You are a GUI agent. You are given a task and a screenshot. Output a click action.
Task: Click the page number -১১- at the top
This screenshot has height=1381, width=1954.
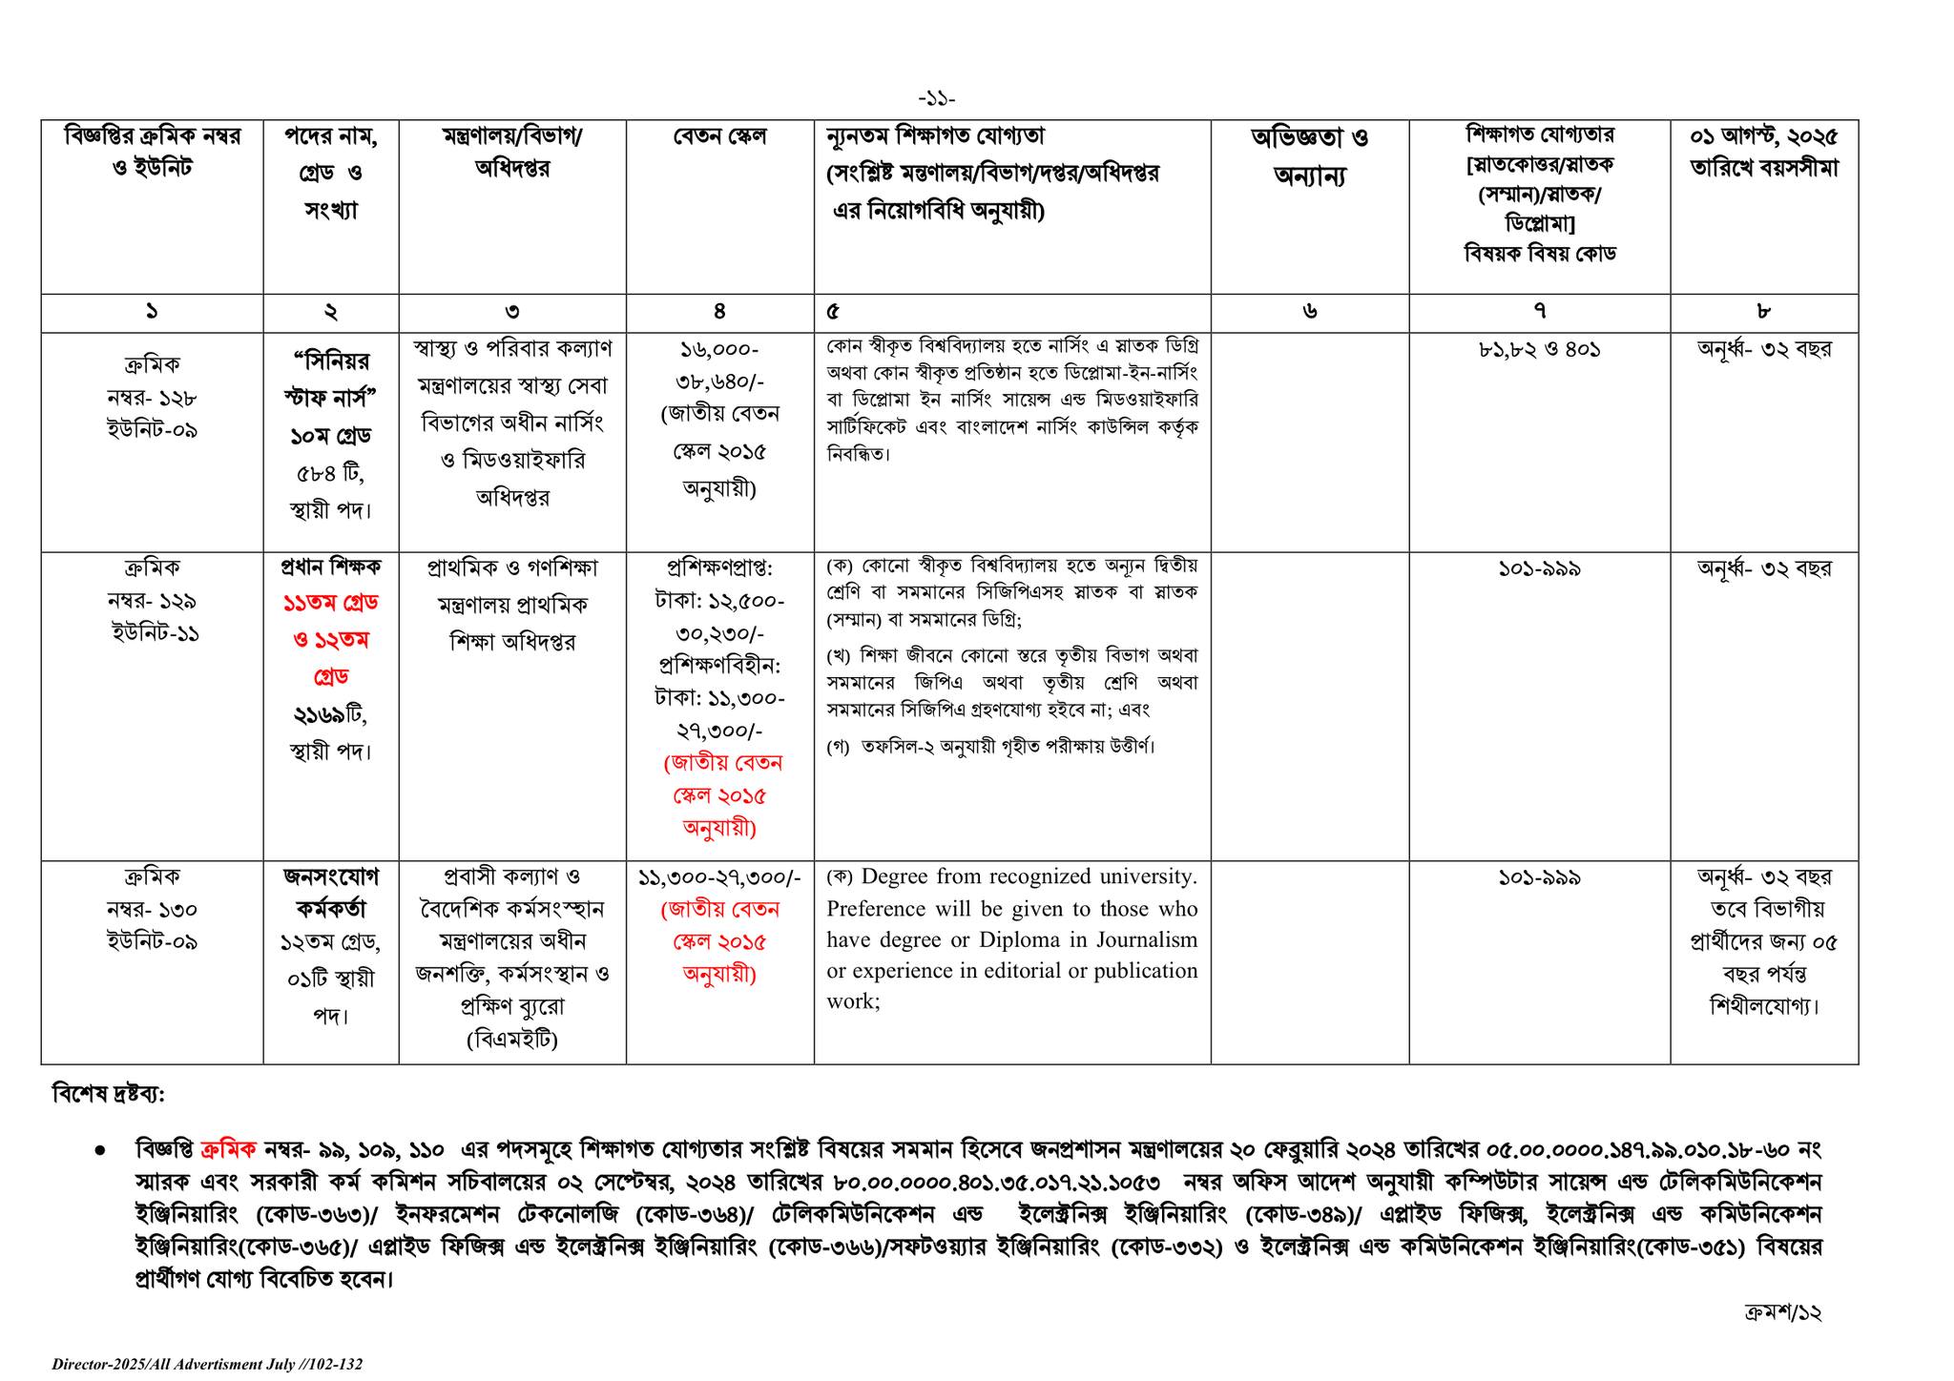pyautogui.click(x=936, y=99)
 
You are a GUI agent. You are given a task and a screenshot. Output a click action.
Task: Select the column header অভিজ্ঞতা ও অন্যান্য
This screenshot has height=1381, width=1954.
pyautogui.click(x=1309, y=156)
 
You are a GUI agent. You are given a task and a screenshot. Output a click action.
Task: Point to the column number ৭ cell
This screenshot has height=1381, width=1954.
pyautogui.click(x=1538, y=311)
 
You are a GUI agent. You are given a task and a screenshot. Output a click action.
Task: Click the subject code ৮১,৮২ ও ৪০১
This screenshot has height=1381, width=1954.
pyautogui.click(x=1538, y=349)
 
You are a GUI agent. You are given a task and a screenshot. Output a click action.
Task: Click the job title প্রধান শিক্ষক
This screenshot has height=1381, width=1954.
pyautogui.click(x=330, y=567)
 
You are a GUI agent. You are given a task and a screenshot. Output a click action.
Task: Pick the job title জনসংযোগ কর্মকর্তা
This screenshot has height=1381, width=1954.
pyautogui.click(x=330, y=893)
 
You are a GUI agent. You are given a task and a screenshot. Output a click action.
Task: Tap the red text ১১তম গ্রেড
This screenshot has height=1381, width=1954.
pyautogui.click(x=330, y=604)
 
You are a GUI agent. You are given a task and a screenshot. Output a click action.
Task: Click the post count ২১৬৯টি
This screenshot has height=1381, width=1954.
pyautogui.click(x=330, y=714)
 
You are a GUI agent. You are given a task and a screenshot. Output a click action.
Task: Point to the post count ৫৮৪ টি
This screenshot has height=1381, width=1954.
pyautogui.click(x=330, y=473)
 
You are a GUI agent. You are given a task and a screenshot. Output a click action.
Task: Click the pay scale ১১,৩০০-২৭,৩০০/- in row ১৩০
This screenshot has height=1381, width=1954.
pyautogui.click(x=719, y=876)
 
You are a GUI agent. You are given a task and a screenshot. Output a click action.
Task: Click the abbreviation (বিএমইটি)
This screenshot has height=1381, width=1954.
pyautogui.click(x=511, y=1040)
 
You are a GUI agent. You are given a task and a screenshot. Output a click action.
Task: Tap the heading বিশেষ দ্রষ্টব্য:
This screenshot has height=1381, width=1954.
pyautogui.click(x=108, y=1094)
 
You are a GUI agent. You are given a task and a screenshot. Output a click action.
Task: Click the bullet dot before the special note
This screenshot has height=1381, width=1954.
pyautogui.click(x=100, y=1151)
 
